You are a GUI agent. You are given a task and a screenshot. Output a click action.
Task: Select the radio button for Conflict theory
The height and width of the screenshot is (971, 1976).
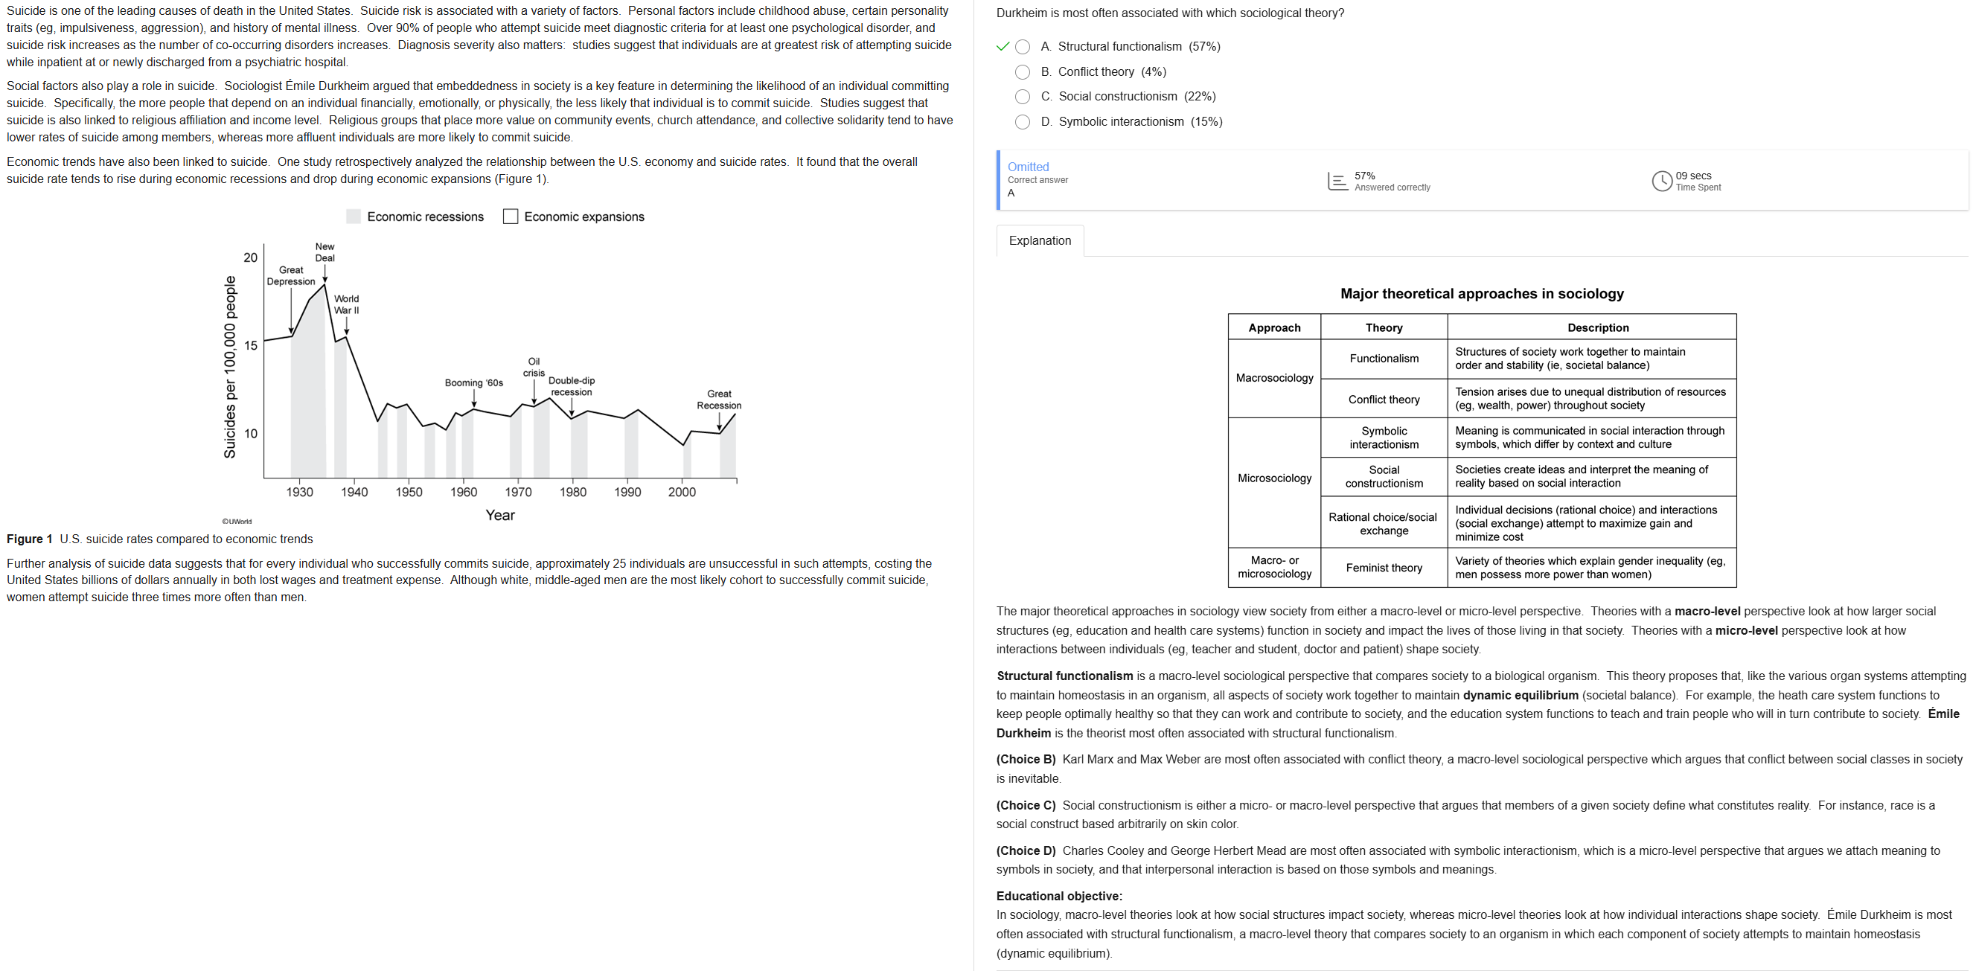[1022, 72]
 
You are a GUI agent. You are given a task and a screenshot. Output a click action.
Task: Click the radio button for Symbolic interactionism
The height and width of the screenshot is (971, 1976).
[1022, 122]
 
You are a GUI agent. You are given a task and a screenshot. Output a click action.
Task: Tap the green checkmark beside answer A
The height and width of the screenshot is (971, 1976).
[1002, 47]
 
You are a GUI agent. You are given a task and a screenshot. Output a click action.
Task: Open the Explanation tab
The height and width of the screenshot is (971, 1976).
[1040, 241]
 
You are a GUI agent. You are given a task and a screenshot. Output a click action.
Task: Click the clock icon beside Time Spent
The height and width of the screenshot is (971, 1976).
[1660, 181]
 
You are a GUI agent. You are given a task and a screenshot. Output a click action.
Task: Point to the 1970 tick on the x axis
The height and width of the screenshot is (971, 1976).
[518, 492]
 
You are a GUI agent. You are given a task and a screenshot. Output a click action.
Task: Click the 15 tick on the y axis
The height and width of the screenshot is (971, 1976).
[251, 345]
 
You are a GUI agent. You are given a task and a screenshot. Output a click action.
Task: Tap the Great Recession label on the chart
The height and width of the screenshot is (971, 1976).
[719, 400]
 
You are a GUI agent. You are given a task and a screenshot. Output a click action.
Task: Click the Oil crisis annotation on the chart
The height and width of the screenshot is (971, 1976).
[534, 367]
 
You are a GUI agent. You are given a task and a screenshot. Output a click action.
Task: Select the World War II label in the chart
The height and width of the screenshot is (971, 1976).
[346, 304]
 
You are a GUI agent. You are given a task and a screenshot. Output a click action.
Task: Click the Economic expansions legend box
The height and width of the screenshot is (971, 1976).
[510, 217]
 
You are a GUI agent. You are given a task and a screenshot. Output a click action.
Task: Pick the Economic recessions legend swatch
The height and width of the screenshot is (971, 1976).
[354, 217]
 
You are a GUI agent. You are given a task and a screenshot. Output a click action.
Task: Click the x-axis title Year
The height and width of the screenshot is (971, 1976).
[500, 516]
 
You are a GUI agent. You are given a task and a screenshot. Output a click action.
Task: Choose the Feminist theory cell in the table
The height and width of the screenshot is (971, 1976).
[1383, 568]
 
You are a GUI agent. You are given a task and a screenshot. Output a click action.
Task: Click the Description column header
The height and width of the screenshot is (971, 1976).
[1597, 327]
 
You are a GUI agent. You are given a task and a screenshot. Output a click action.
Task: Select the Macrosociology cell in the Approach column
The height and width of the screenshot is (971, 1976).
[1274, 378]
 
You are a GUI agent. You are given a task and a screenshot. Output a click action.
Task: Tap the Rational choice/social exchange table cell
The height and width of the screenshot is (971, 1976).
[1383, 524]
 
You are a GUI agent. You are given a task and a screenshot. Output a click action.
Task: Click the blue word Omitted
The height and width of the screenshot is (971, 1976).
[1028, 167]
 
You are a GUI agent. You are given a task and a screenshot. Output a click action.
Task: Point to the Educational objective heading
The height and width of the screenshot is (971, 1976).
[1058, 896]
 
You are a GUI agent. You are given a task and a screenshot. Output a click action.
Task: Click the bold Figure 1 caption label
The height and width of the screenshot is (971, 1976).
[30, 539]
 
